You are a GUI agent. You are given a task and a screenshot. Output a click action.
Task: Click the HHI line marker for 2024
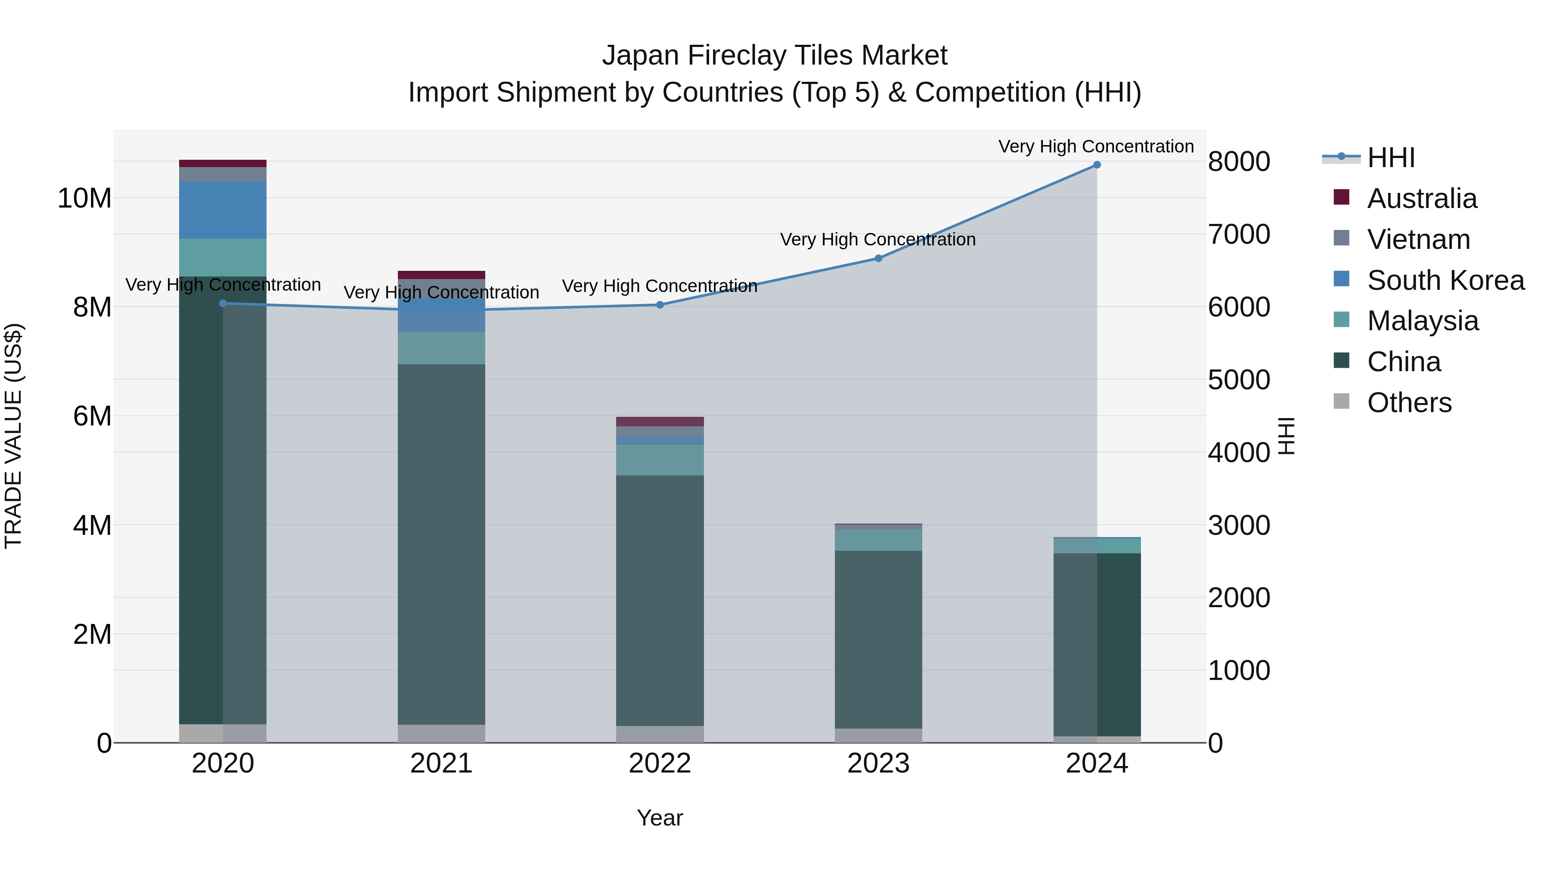pyautogui.click(x=1096, y=165)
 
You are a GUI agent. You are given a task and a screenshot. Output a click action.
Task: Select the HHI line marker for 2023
pyautogui.click(x=878, y=258)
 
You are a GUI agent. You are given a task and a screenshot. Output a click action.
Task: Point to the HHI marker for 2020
pyautogui.click(x=223, y=303)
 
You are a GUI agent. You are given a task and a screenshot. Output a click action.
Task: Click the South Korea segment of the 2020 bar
pyautogui.click(x=223, y=210)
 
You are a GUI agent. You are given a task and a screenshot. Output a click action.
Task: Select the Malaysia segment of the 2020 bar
pyautogui.click(x=223, y=258)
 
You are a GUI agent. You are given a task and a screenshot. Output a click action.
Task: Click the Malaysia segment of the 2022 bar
pyautogui.click(x=660, y=460)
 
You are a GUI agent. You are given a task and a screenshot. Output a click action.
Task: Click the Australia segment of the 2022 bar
pyautogui.click(x=660, y=421)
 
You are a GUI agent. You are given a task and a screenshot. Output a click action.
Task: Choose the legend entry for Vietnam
pyautogui.click(x=1418, y=239)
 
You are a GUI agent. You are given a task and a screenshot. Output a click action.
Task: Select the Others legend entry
pyautogui.click(x=1409, y=403)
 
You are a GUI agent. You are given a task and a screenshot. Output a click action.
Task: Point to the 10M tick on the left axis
pyautogui.click(x=84, y=199)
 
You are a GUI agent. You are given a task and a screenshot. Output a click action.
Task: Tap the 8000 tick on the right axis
pyautogui.click(x=1239, y=162)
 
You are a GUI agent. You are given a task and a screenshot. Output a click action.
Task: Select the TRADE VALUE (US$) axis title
pyautogui.click(x=13, y=436)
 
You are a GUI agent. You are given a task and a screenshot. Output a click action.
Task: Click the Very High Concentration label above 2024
pyautogui.click(x=1096, y=146)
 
